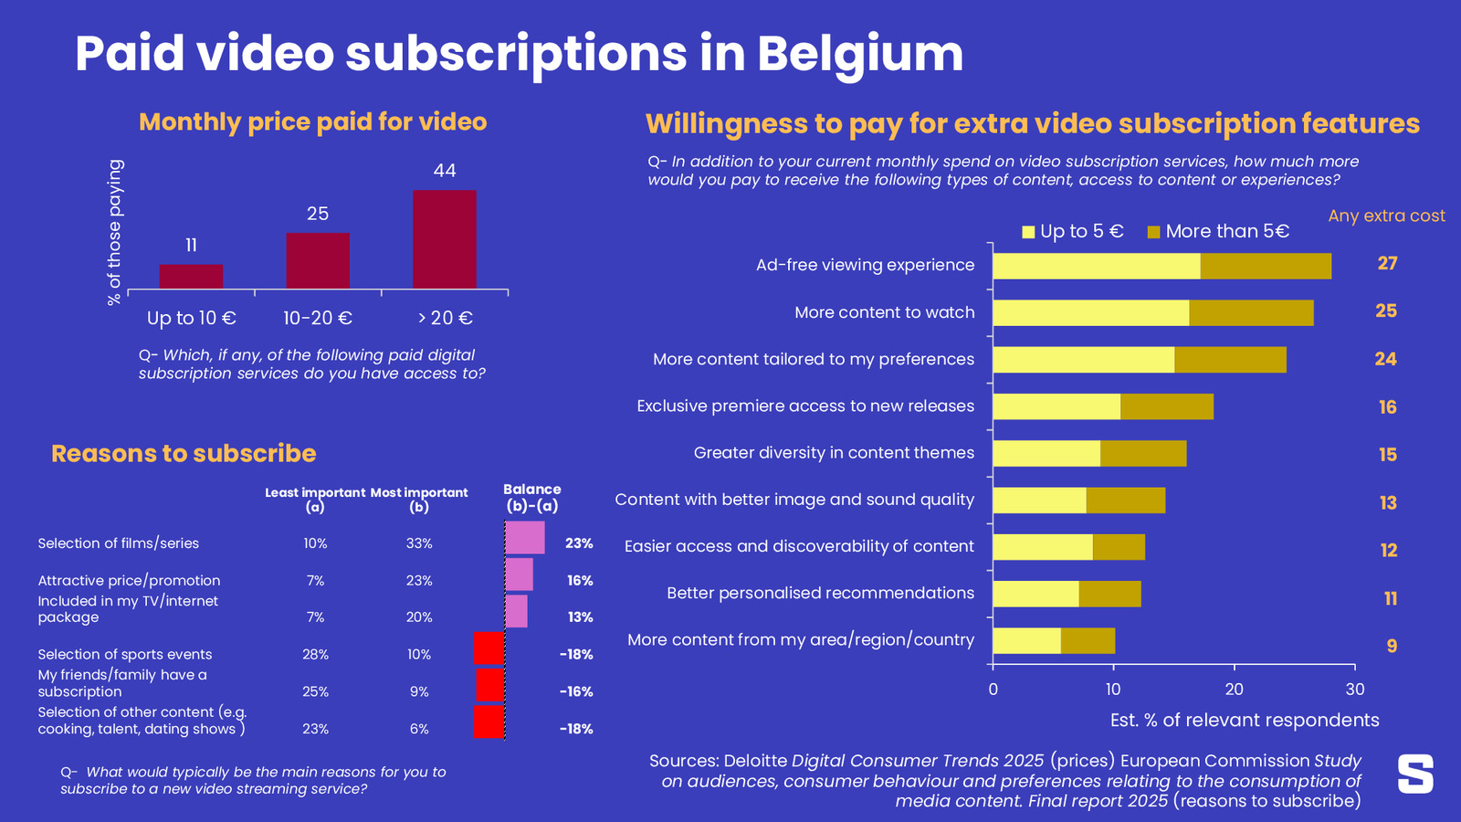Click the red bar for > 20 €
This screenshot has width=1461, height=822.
click(x=444, y=239)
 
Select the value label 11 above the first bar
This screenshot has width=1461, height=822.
click(x=191, y=246)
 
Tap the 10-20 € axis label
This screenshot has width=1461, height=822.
click(x=317, y=318)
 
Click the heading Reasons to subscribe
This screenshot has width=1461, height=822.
click(x=184, y=454)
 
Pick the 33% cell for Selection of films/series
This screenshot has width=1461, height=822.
click(x=419, y=543)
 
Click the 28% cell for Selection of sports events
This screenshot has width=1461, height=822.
click(x=315, y=655)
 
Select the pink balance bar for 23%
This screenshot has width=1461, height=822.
click(x=525, y=537)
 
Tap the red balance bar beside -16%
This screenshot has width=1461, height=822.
click(x=490, y=685)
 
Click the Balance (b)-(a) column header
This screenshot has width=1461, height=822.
click(x=531, y=498)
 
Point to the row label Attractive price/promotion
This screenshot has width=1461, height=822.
click(x=129, y=581)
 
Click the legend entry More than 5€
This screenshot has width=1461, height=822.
click(x=1218, y=232)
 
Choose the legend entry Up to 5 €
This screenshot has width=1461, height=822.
click(x=1072, y=232)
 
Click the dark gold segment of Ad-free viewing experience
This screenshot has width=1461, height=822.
click(x=1266, y=266)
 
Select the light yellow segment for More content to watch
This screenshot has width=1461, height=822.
click(x=1090, y=312)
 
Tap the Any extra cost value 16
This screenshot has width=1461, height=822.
click(x=1387, y=407)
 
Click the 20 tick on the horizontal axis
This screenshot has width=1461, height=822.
click(x=1234, y=690)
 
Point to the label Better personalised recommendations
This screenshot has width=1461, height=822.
click(x=820, y=594)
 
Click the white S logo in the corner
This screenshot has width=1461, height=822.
click(x=1414, y=774)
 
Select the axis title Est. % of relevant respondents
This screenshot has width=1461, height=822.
click(x=1244, y=721)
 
